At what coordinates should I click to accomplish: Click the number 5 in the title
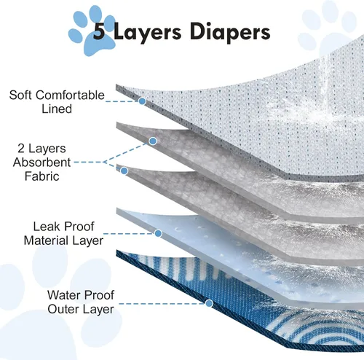tap(100, 31)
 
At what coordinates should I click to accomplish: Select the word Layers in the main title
tap(147, 33)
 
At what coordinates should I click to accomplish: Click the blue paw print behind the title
tap(92, 31)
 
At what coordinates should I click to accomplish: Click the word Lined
tap(57, 109)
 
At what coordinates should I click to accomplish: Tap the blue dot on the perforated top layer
tap(142, 101)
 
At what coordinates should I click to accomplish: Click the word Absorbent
tap(41, 163)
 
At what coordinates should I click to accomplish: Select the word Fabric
tap(42, 176)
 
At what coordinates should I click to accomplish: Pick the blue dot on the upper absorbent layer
tap(153, 141)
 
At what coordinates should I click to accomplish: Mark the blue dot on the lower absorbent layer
tap(124, 171)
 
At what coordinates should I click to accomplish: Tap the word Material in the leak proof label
tap(46, 240)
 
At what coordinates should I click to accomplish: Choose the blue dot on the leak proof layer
tap(158, 233)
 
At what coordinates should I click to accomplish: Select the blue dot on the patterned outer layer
tap(209, 303)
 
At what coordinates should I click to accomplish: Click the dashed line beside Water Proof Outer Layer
tap(162, 304)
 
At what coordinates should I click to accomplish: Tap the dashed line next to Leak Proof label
tap(129, 234)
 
